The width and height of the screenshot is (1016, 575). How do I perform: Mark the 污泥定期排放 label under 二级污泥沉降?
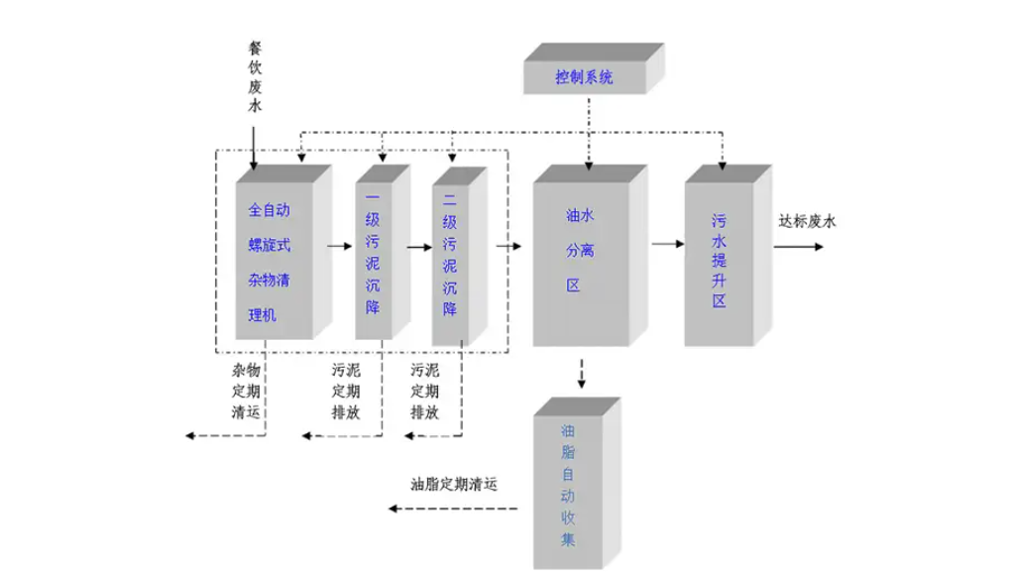pos(425,392)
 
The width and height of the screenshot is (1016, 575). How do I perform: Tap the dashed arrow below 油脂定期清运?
pos(452,509)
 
